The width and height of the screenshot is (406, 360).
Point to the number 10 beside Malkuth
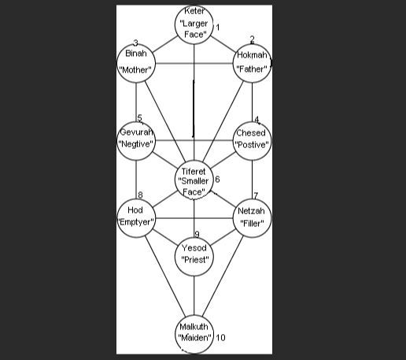click(220, 337)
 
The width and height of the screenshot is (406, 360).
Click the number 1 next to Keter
click(218, 28)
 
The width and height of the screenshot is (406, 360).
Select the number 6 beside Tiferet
click(217, 179)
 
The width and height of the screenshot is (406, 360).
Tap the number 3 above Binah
click(135, 43)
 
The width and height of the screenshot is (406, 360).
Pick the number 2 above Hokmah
click(252, 39)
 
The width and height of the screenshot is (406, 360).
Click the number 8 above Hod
click(140, 195)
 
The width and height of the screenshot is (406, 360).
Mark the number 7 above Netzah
click(256, 195)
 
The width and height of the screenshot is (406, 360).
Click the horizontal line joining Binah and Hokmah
click(194, 63)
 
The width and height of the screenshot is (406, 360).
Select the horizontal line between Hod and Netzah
click(194, 218)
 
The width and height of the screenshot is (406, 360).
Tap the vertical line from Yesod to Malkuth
click(194, 295)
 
